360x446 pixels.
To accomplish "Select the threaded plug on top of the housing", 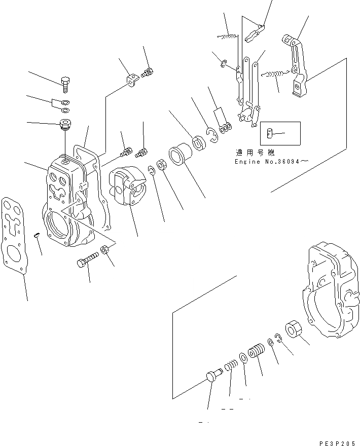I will click(x=64, y=123).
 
